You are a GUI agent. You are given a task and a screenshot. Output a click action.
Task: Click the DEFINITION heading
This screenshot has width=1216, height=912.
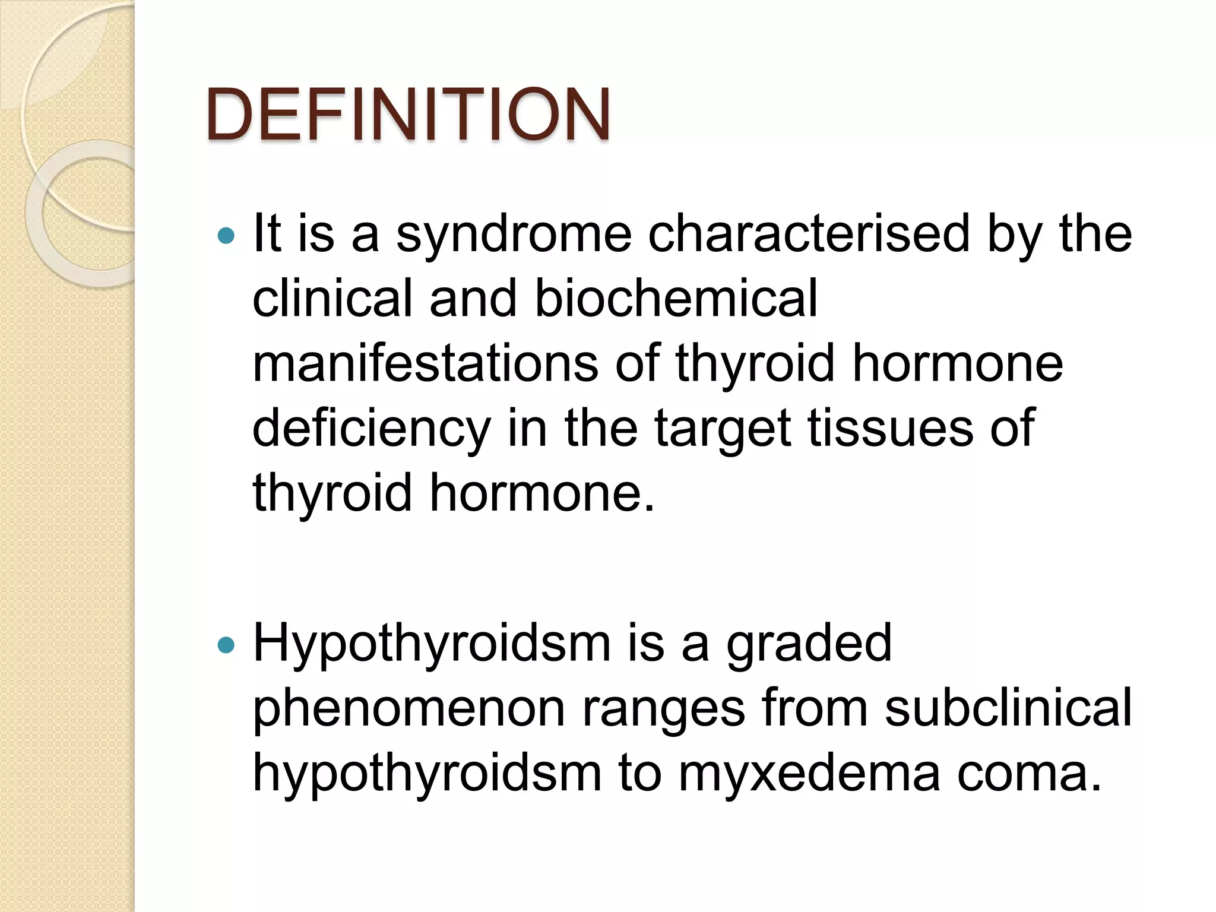tap(408, 114)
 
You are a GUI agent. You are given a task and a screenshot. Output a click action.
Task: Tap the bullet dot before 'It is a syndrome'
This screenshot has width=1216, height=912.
tap(226, 236)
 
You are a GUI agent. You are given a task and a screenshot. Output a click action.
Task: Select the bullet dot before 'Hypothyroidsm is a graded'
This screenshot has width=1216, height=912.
tap(226, 645)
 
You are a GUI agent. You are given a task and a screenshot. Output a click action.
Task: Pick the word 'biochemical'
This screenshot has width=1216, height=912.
tap(676, 298)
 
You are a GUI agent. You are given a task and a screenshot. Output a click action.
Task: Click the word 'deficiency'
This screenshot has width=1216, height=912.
tap(371, 429)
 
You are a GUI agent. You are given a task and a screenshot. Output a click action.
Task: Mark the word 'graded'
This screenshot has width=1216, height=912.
tap(809, 644)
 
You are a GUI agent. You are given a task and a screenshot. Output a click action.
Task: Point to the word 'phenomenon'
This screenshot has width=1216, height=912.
tap(408, 709)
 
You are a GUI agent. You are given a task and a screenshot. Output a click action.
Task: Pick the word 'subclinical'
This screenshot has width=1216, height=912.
tap(1008, 708)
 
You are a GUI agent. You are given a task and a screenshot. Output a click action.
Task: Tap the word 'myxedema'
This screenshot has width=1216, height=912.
tap(809, 774)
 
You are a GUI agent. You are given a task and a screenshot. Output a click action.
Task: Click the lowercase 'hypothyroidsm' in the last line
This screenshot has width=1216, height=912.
tap(427, 773)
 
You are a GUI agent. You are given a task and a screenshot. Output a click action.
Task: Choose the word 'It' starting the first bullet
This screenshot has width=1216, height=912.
tap(267, 234)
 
